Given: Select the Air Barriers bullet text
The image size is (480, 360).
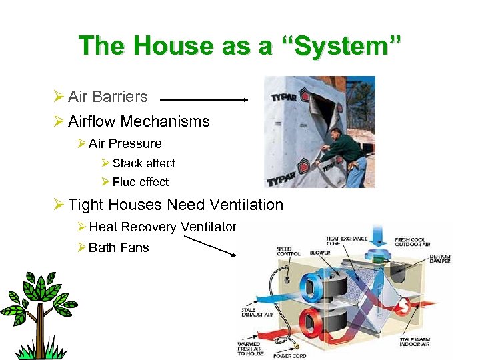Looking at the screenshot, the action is point(107,97).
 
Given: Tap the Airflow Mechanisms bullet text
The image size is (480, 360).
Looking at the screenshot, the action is point(139,121).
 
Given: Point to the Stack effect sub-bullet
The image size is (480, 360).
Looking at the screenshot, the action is point(143,163).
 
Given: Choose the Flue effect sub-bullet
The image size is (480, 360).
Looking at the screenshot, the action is point(140,182).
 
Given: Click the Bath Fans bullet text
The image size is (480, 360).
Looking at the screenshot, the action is point(118,247).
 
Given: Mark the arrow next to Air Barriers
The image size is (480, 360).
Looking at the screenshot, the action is point(204,101).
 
